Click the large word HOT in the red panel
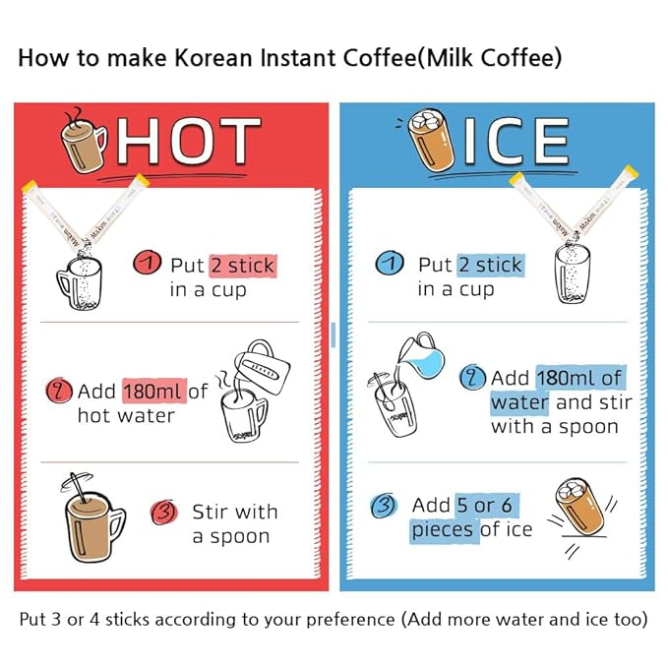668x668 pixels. [x=189, y=141]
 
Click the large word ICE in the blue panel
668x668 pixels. [x=516, y=141]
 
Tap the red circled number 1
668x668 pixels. [x=147, y=263]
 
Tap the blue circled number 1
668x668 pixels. [x=390, y=263]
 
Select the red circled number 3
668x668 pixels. [x=164, y=512]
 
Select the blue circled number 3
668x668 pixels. [x=384, y=506]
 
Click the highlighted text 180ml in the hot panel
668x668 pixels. [x=154, y=392]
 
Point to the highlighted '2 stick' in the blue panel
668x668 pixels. [x=490, y=265]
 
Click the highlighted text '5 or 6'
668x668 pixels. [x=485, y=506]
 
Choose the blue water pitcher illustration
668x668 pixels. [x=422, y=356]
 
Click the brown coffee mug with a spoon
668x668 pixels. [x=92, y=518]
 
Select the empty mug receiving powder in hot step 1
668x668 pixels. [x=80, y=282]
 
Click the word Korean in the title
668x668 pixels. [x=213, y=58]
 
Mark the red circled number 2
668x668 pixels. [x=59, y=390]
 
